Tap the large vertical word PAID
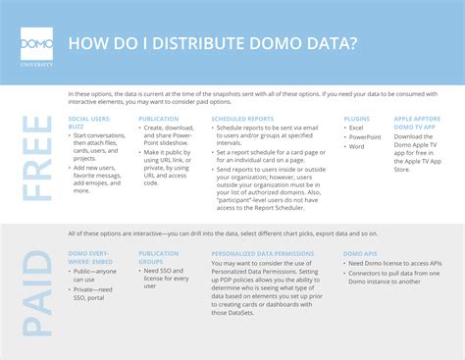coord(38,283)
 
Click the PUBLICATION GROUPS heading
coord(159,258)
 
